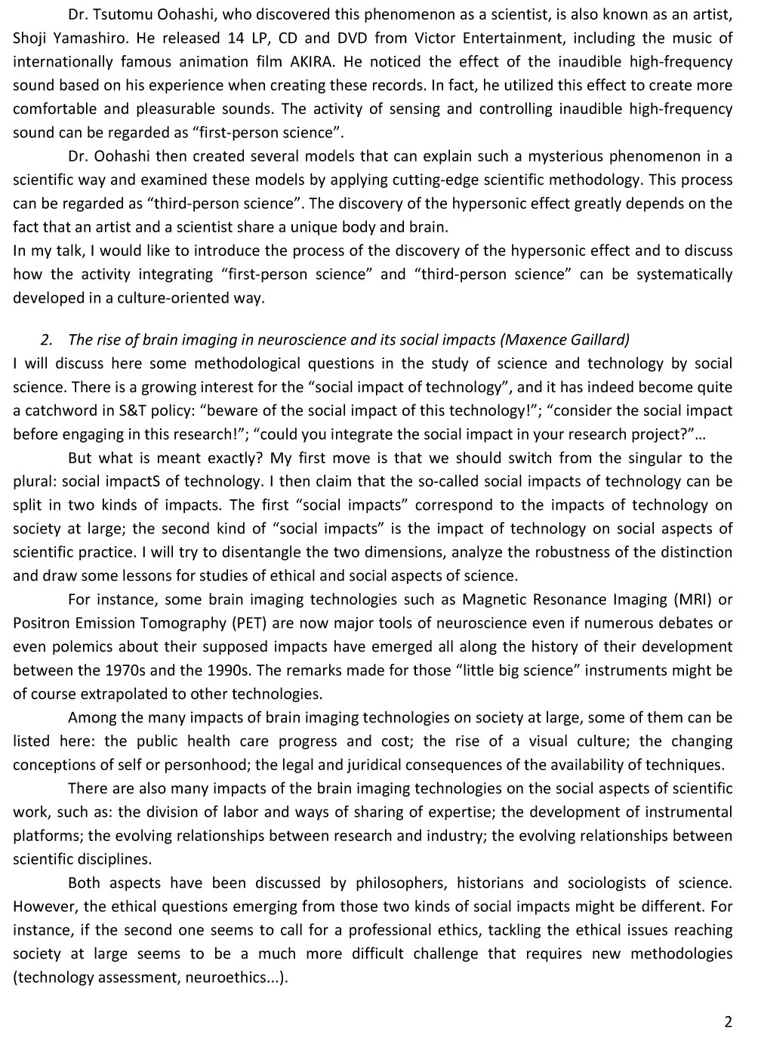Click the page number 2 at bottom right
pyautogui.click(x=728, y=1022)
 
